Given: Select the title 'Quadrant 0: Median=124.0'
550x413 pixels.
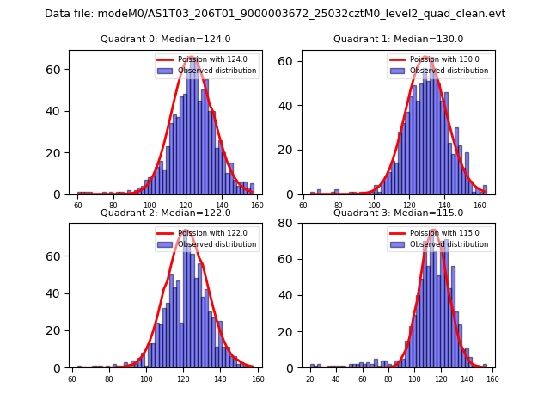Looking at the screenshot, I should pos(166,39).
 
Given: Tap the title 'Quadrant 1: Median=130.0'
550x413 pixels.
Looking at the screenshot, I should pos(398,39).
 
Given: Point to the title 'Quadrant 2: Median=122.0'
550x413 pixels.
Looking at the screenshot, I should pos(166,213).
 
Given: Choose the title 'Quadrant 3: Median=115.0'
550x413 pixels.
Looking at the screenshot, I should pos(398,213).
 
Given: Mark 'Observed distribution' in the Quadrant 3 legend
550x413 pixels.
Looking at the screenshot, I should pos(449,244).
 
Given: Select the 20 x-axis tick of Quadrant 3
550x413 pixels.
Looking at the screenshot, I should pos(310,379).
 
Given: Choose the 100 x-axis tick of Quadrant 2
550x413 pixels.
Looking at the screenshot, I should pos(146,379).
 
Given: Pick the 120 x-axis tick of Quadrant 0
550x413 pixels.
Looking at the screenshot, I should pos(186,206).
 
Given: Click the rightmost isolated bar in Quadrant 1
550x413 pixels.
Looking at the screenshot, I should pos(485,189).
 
